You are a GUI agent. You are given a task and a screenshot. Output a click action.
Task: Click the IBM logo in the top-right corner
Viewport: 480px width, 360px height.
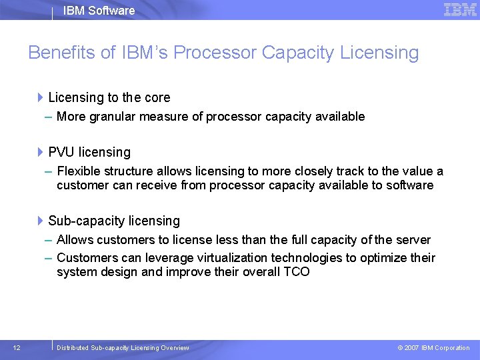coord(460,9)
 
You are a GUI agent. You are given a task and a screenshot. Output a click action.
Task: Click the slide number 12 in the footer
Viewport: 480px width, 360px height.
coord(17,347)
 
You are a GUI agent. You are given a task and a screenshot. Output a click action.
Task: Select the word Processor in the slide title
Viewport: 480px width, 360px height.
coord(221,53)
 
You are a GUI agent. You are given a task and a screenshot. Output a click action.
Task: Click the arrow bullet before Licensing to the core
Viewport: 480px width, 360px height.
coord(41,98)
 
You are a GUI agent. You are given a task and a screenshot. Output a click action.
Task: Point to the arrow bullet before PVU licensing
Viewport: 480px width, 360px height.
coord(41,153)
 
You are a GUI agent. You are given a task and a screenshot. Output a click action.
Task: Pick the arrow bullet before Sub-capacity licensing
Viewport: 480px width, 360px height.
coord(41,221)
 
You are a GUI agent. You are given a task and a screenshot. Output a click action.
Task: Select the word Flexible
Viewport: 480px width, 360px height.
coord(78,171)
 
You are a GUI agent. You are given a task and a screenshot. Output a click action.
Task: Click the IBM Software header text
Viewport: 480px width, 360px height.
coord(99,11)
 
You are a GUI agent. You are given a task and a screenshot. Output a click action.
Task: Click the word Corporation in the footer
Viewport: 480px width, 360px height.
coord(453,348)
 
